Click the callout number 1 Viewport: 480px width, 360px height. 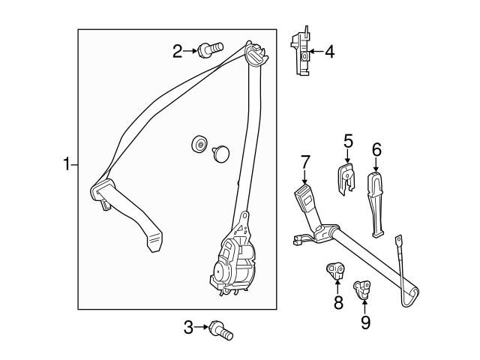point(67,163)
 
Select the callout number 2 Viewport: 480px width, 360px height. point(178,51)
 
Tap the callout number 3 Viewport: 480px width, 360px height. point(189,326)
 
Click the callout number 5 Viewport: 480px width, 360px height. point(348,140)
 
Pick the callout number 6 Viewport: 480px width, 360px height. point(376,149)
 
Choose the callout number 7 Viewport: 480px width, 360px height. point(305,160)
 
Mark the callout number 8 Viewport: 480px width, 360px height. point(337,303)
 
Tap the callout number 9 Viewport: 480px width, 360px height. point(365,323)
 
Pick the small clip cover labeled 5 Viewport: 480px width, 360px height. point(346,178)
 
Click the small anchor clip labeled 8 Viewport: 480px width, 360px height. point(335,271)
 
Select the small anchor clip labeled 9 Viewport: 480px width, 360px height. point(362,288)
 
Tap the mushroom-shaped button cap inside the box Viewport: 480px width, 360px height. point(221,153)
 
